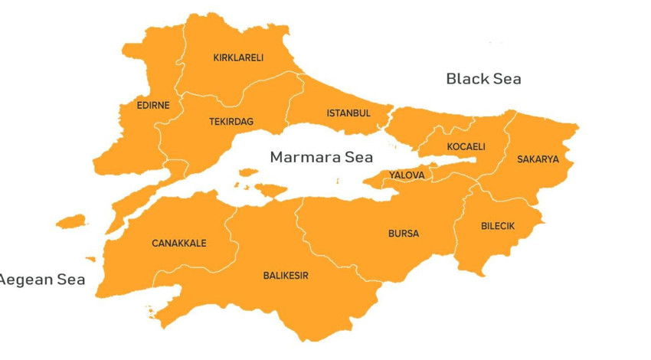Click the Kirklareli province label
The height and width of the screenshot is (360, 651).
coord(238,57)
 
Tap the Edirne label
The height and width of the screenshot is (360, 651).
coord(152,105)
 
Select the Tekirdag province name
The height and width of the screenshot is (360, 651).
coord(231,121)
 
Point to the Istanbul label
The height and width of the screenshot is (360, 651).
coord(348,113)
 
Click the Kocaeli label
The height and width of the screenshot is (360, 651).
coord(466,146)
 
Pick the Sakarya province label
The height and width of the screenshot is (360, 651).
coord(538,159)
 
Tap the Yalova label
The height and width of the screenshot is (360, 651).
coord(406,175)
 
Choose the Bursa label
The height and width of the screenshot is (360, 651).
coord(404,234)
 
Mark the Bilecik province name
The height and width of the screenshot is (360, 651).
coord(498,226)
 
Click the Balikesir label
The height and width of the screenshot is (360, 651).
coord(286,276)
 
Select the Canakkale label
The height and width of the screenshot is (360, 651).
coord(179,244)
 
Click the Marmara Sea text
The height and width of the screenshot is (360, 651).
coord(322,157)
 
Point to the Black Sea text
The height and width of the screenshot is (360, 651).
coord(483,78)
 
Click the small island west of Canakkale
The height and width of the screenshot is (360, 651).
coord(71,221)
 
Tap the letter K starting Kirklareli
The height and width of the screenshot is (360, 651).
coord(216,57)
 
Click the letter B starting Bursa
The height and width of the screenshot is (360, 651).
coord(391,234)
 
